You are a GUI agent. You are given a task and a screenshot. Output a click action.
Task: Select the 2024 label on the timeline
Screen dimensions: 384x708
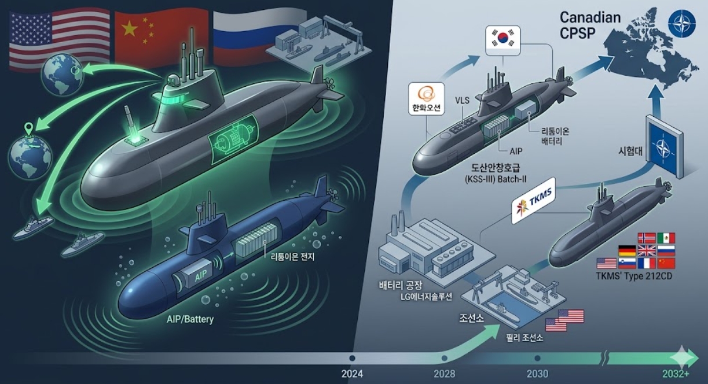coord(352,374)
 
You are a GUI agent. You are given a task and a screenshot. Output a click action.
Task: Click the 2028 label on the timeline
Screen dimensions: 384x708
coord(444,374)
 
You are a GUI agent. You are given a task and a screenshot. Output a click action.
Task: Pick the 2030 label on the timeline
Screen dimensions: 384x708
coord(537,374)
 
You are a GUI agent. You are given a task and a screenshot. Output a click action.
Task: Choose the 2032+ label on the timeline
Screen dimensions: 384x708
coord(674,374)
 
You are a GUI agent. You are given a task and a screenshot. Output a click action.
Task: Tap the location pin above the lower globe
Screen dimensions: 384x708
coord(27,128)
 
